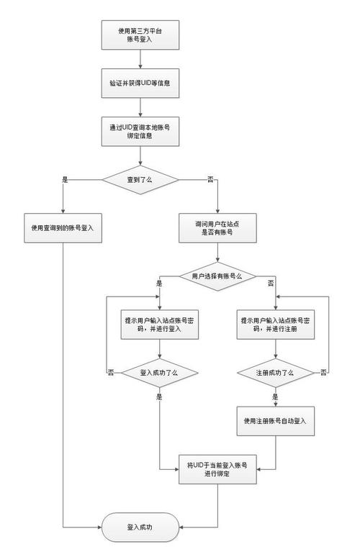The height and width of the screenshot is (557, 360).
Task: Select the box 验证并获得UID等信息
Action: (x=138, y=83)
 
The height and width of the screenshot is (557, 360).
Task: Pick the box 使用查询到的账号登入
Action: (x=63, y=227)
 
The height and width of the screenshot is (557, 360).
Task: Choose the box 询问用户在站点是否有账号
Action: (x=217, y=227)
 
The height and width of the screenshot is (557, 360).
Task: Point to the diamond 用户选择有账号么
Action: (x=217, y=276)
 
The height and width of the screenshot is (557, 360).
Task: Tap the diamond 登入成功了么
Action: (x=159, y=373)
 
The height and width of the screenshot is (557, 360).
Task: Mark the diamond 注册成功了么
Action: (x=276, y=373)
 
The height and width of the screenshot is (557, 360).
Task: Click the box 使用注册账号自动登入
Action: (x=276, y=420)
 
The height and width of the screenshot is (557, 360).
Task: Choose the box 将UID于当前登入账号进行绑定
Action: (x=217, y=468)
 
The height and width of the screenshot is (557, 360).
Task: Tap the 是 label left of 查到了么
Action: (x=66, y=178)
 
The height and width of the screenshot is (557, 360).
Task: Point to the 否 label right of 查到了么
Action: (x=211, y=178)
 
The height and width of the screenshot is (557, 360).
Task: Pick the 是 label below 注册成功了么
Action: (x=275, y=397)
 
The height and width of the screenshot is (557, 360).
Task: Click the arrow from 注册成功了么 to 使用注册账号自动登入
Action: (x=276, y=397)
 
